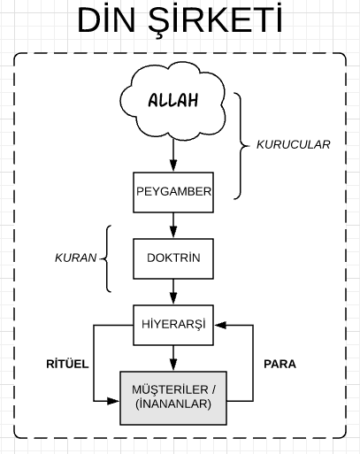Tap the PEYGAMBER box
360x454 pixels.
(173, 191)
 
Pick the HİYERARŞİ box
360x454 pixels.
(173, 324)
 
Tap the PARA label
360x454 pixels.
(280, 363)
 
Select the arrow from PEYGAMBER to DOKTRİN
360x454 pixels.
(173, 225)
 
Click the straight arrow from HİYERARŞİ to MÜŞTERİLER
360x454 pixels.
(173, 358)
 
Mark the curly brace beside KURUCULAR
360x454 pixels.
(243, 143)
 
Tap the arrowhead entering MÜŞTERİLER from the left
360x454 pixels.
(113, 401)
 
